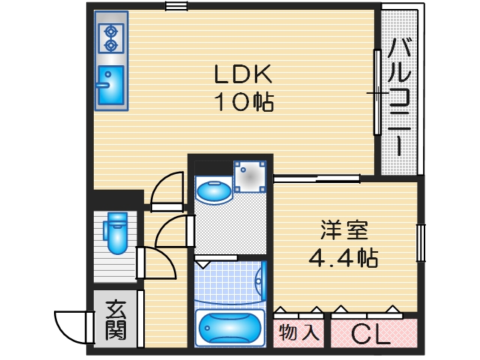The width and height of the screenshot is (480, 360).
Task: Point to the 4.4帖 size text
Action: [343, 257]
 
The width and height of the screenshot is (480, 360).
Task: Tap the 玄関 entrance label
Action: [115, 320]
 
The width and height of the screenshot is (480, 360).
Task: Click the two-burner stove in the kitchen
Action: [111, 38]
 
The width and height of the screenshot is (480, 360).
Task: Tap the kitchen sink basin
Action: [110, 83]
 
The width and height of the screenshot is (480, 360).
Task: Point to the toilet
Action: [118, 232]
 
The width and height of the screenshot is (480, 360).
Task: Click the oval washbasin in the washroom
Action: [214, 191]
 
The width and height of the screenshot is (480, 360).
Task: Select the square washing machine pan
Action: [249, 177]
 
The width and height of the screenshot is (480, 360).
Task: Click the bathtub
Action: [229, 328]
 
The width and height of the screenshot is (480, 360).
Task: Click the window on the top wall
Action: [176, 7]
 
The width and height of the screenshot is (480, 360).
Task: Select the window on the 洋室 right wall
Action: [421, 244]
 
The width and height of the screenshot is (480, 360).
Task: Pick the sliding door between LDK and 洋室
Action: [316, 178]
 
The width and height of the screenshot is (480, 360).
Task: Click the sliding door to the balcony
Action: [377, 92]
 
